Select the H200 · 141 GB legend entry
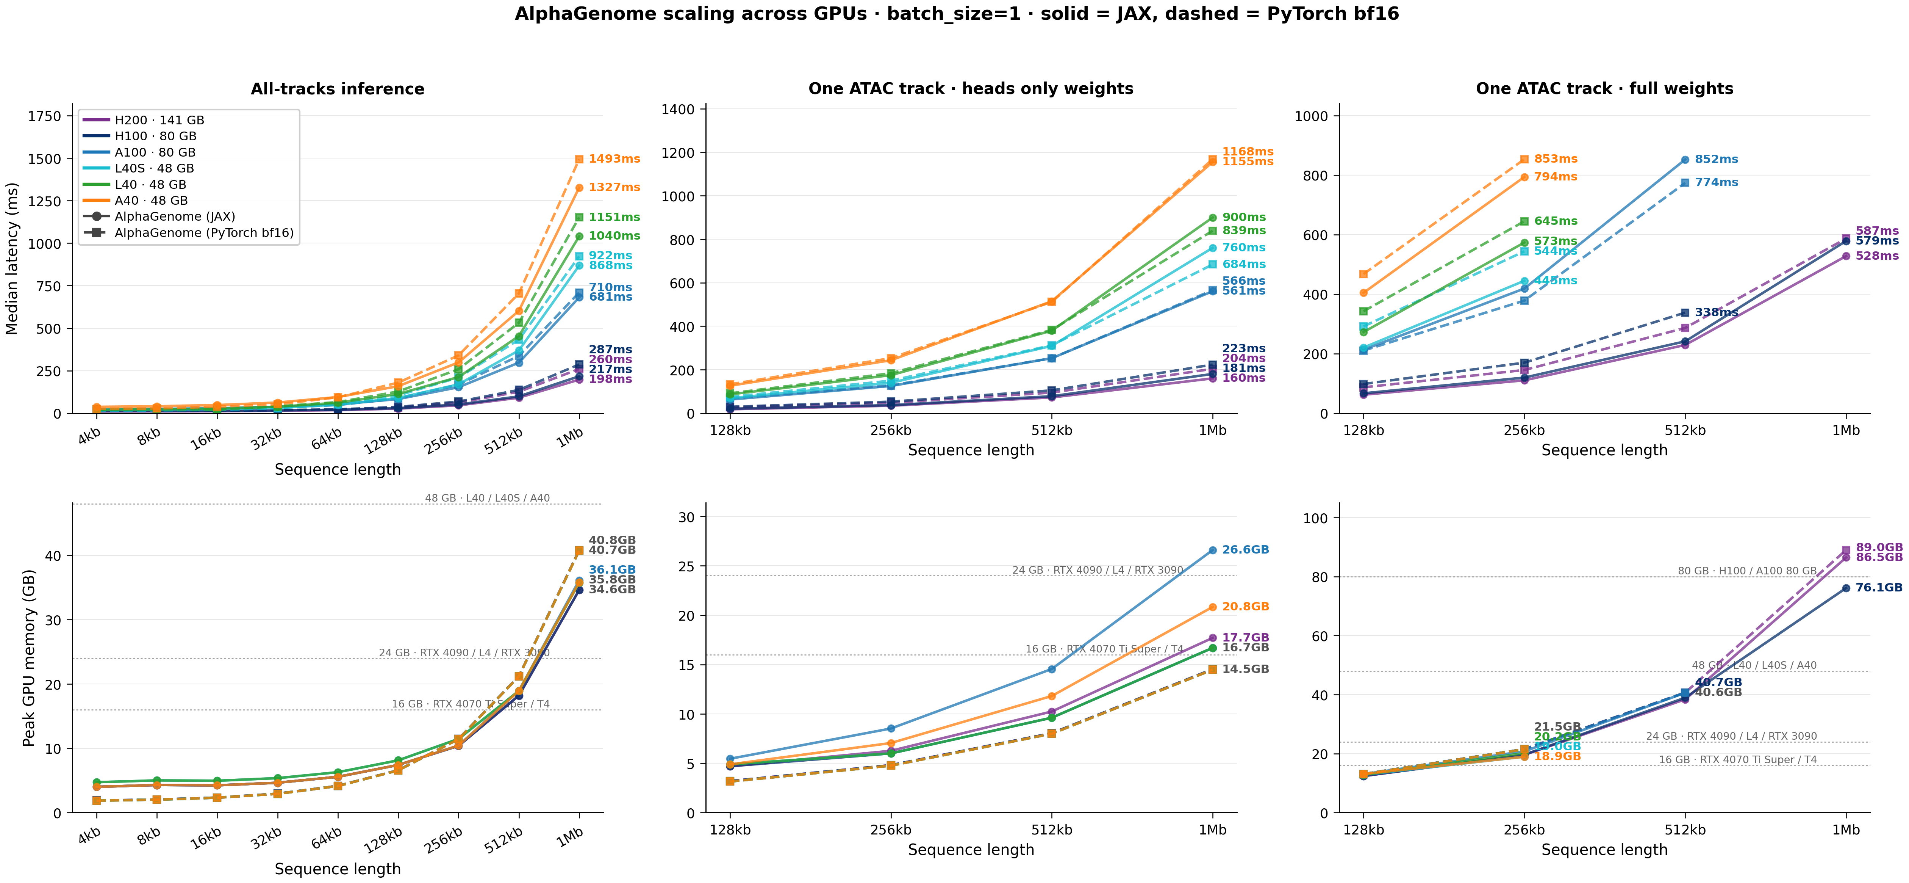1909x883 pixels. [159, 120]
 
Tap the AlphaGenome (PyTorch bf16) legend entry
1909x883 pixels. [204, 233]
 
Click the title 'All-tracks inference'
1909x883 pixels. [337, 89]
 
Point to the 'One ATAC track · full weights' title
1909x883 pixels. [1604, 89]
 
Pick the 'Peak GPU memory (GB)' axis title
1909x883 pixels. [29, 658]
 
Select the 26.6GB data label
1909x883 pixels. [1246, 550]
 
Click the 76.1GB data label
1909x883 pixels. [1879, 588]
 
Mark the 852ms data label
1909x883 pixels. [1716, 159]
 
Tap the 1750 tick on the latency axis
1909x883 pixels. [44, 116]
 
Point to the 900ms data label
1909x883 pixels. [1244, 217]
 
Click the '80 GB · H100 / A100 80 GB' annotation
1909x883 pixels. [1747, 571]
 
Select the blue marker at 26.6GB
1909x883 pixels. [1212, 550]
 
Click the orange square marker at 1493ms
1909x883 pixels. [580, 159]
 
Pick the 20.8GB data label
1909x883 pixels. [1246, 607]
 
